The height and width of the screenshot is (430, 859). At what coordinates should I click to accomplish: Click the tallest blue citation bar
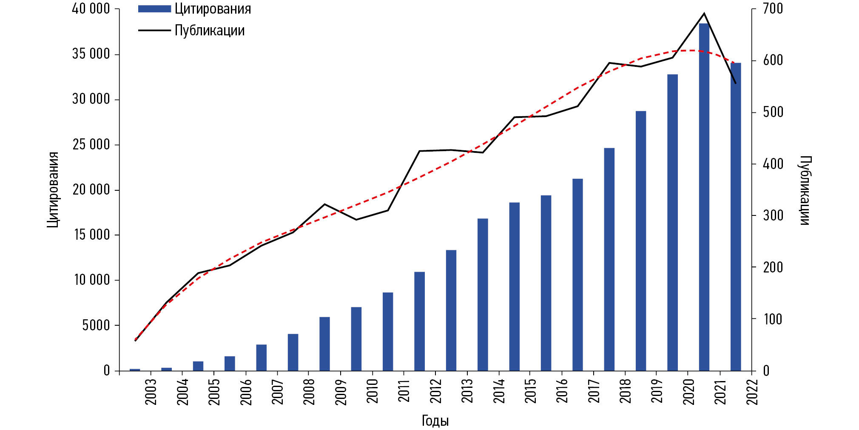[704, 196]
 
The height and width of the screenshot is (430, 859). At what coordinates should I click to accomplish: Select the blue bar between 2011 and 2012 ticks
[419, 321]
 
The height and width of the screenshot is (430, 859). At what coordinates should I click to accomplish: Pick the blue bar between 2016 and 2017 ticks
[577, 275]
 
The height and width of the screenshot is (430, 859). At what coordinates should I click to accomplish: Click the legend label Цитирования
[213, 9]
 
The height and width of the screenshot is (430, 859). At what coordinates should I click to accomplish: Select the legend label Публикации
[210, 30]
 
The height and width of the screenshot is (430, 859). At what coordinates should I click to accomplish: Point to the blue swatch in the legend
[154, 9]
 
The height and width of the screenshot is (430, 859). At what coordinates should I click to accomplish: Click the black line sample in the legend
[154, 30]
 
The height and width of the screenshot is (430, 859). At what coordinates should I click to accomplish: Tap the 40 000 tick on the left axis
[91, 9]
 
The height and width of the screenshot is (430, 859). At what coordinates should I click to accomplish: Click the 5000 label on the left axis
[96, 325]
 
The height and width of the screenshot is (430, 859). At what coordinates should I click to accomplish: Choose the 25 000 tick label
[91, 144]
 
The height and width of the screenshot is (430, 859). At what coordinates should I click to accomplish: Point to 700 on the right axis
[773, 9]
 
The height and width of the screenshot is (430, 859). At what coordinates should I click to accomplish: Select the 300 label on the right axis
[773, 215]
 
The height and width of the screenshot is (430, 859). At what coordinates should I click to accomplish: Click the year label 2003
[151, 391]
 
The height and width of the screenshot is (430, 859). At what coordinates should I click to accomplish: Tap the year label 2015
[530, 391]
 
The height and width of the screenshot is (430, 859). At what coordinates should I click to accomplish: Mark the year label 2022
[752, 391]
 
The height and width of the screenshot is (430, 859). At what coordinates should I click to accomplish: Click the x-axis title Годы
[435, 421]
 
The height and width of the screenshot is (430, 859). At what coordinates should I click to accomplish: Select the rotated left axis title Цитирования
[53, 189]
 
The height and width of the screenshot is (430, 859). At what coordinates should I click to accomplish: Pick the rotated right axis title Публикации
[805, 190]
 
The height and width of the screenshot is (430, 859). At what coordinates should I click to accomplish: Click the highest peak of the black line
[704, 13]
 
